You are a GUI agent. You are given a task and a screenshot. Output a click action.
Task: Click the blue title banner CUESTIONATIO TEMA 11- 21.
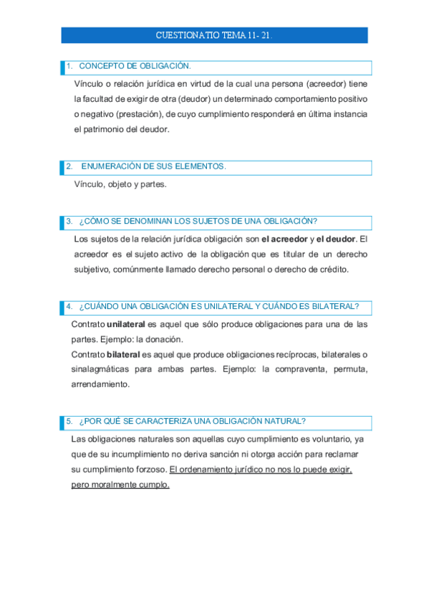click(x=214, y=35)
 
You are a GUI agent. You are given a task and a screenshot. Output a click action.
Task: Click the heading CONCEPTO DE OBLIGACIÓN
click(x=135, y=67)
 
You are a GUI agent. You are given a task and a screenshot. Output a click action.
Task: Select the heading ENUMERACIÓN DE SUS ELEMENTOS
click(x=153, y=166)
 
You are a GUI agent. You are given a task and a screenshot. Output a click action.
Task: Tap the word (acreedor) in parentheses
click(x=323, y=83)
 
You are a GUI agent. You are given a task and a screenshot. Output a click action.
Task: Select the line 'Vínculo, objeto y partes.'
click(x=120, y=184)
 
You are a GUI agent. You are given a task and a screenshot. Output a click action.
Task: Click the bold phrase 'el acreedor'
click(x=284, y=239)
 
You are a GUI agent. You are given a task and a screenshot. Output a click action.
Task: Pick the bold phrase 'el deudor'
click(x=335, y=239)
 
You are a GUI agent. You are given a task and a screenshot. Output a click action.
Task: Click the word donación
click(x=167, y=339)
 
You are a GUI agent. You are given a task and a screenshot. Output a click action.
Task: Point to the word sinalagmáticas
click(x=102, y=369)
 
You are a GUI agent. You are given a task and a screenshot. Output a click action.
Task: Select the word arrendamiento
click(x=100, y=384)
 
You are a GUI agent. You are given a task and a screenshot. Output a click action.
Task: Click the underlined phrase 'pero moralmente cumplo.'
click(x=120, y=485)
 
